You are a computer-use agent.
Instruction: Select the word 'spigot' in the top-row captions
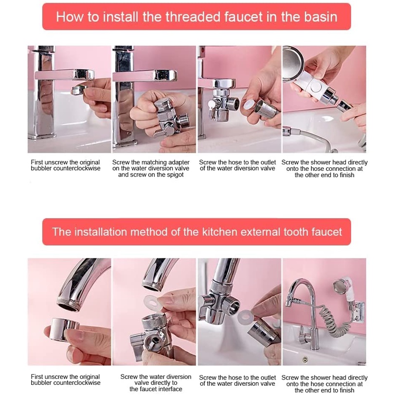click(x=174, y=175)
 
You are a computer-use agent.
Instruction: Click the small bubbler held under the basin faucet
click(x=79, y=90)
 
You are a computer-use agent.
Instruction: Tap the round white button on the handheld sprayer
click(x=316, y=87)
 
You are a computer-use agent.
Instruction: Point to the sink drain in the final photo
click(x=305, y=359)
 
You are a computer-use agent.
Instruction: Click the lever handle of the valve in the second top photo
click(x=162, y=132)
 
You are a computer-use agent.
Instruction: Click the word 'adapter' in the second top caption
click(x=179, y=162)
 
